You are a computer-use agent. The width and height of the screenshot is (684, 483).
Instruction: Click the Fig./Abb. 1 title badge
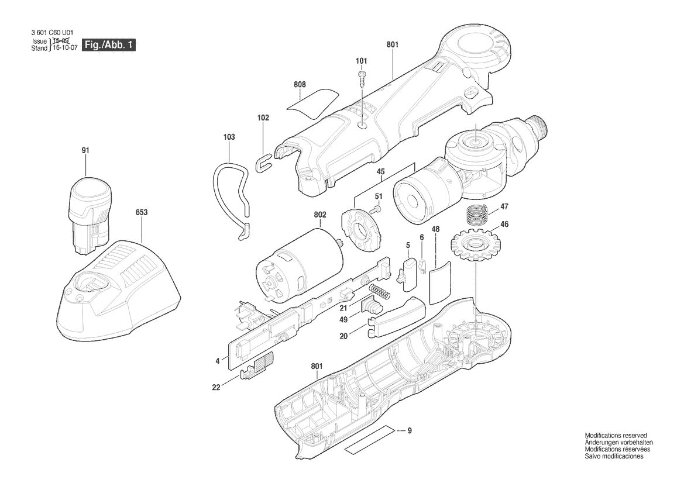(x=109, y=44)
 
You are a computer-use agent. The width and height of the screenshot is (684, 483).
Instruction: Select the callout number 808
(x=300, y=84)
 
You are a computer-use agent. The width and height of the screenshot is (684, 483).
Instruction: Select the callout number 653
(x=142, y=212)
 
